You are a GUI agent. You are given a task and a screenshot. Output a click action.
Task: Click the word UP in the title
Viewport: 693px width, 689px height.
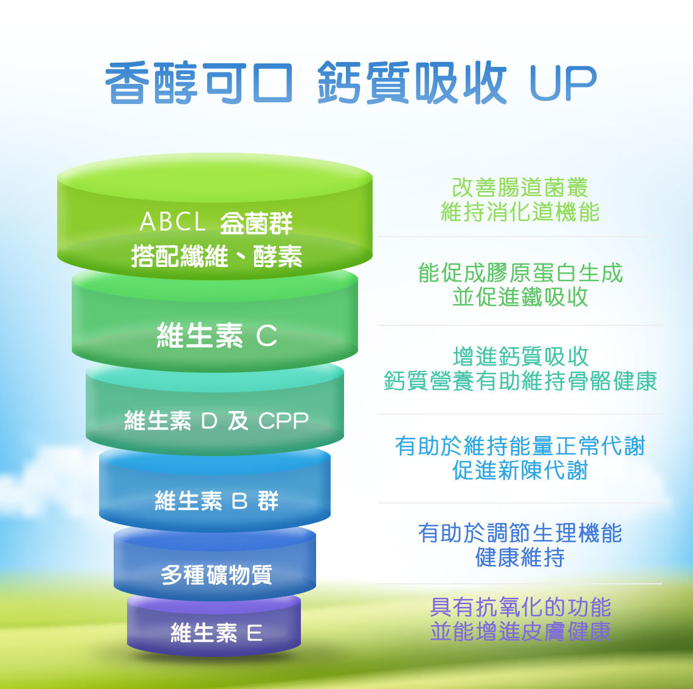coord(563,83)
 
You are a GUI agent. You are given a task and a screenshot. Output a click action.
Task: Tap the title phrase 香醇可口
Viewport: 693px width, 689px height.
coord(199,83)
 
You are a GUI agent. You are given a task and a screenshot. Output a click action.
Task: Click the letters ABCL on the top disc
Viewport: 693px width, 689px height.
coord(173,221)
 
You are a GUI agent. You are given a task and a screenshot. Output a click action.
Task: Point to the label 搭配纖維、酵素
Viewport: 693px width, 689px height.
coord(216,256)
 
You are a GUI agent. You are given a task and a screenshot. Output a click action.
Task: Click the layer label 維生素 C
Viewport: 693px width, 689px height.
coord(217,335)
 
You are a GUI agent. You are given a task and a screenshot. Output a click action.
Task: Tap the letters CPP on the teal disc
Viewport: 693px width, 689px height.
coord(283,420)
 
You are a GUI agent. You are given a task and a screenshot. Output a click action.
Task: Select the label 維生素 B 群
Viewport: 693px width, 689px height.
coord(216,500)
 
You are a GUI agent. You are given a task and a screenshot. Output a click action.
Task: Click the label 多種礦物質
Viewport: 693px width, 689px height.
coord(216,575)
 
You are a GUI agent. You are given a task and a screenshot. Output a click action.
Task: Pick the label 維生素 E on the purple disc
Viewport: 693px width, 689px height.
coord(216,632)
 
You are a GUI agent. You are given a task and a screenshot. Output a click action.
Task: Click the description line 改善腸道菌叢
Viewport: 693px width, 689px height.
coord(520,187)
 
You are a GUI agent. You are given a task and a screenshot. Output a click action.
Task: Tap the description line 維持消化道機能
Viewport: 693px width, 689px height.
coord(520,212)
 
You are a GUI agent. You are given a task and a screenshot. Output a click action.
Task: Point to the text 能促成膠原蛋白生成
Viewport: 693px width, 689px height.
coord(520,272)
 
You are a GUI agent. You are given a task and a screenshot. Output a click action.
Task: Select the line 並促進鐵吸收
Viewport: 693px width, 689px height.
coord(520,296)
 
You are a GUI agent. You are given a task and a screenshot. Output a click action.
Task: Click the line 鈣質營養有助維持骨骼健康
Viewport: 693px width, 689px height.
coord(520,381)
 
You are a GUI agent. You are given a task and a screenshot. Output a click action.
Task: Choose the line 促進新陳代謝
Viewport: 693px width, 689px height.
coord(520,469)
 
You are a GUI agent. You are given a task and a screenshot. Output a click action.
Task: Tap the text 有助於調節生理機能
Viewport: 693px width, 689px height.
coord(520,533)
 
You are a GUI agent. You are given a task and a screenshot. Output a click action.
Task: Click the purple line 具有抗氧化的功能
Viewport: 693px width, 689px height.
coord(520,607)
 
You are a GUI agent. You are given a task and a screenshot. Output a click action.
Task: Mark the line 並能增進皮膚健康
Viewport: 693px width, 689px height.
coord(520,631)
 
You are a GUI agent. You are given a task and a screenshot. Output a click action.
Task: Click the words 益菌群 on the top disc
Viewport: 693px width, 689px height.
coord(257,223)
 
